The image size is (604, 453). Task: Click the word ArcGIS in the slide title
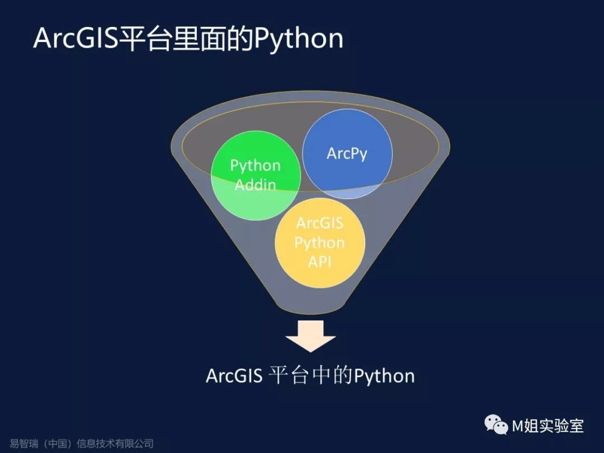[x=75, y=39]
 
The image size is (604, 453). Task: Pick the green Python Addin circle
[x=246, y=199]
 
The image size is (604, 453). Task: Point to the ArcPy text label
[x=347, y=154]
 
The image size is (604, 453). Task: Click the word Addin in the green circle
[x=256, y=185]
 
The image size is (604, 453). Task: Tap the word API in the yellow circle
[x=320, y=261]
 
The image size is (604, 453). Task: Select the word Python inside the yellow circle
[x=320, y=243]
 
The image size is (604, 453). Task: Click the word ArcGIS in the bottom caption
[x=234, y=375]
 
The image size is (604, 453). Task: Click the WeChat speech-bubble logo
[x=496, y=426]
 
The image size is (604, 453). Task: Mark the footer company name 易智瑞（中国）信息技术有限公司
[x=82, y=444]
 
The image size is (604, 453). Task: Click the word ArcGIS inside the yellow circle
[x=320, y=223]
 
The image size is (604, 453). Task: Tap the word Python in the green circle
[x=256, y=166]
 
